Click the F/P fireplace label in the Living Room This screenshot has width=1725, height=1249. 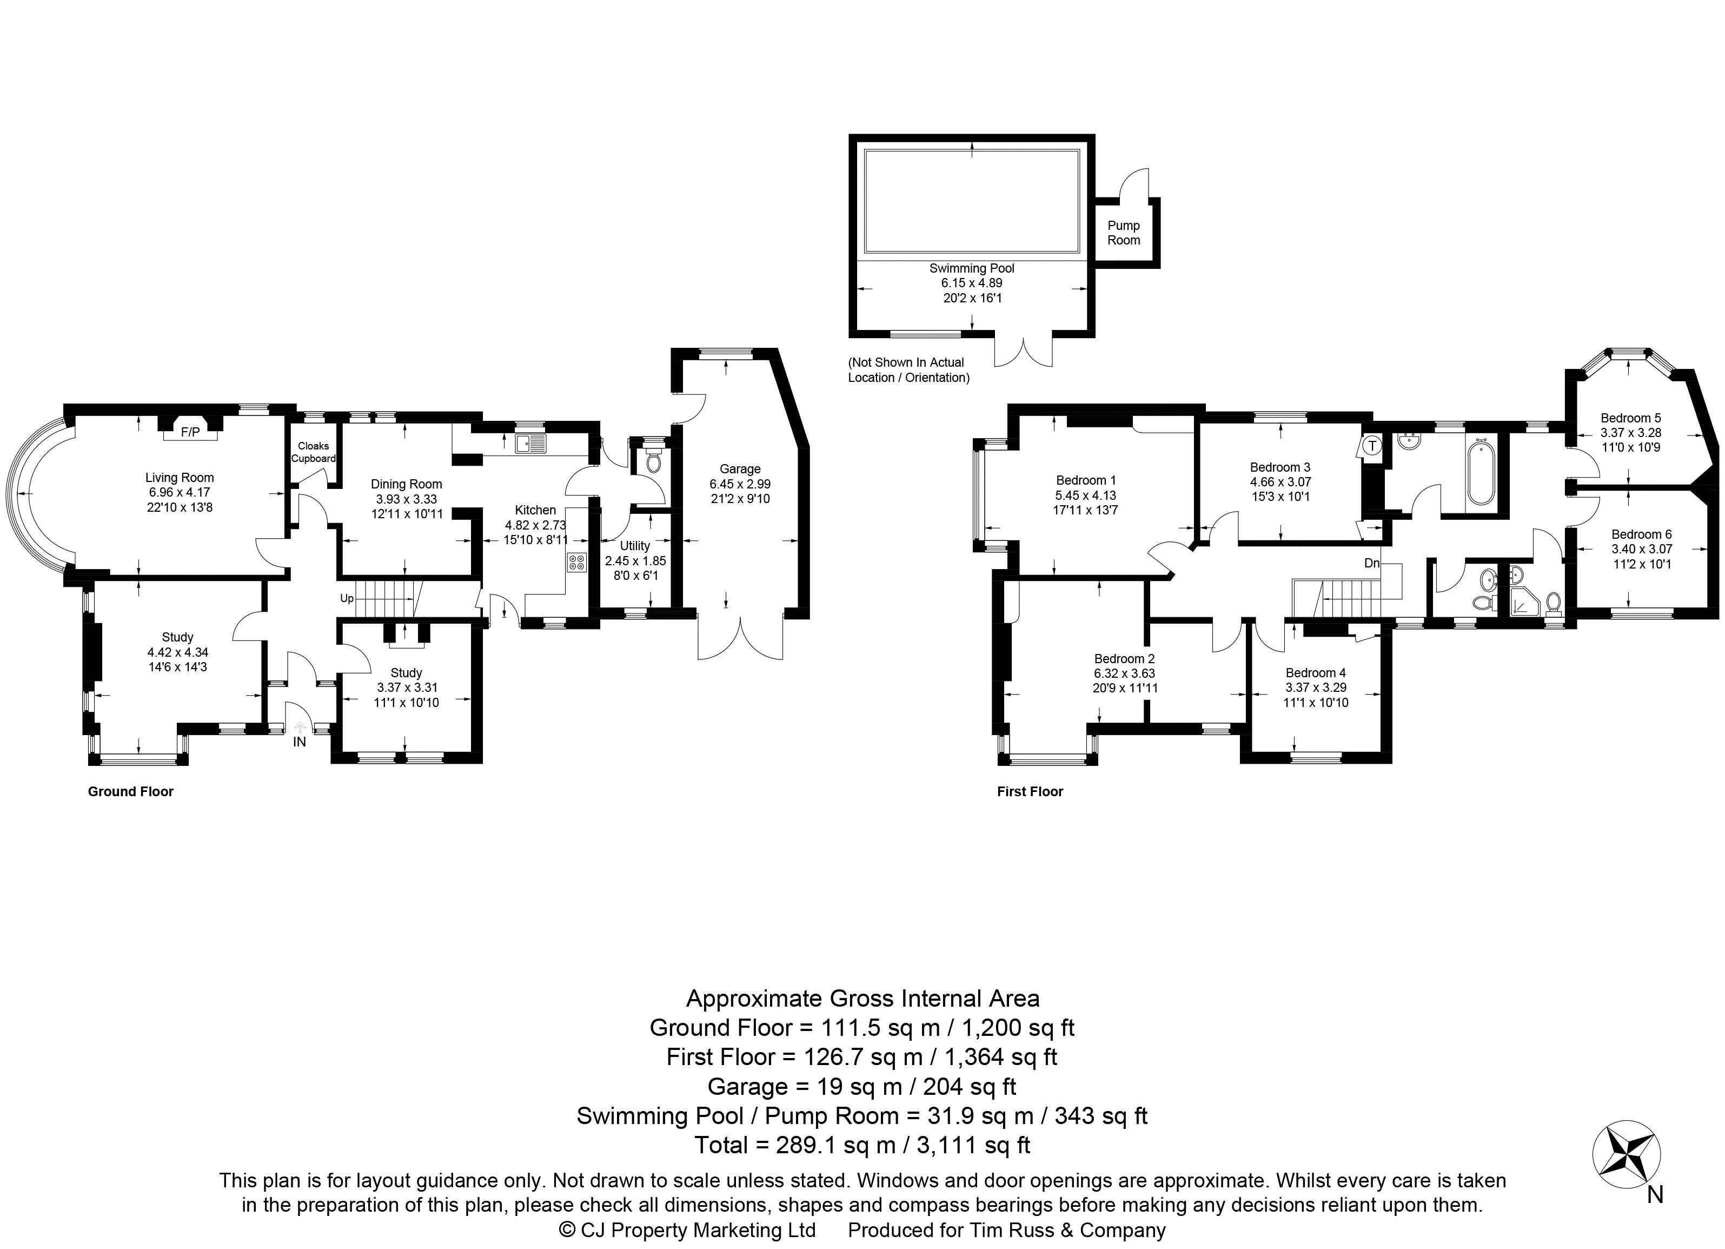(x=190, y=433)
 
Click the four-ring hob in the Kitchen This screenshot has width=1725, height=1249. (x=576, y=563)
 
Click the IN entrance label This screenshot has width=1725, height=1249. (x=300, y=742)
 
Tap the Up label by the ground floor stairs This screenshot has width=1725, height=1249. (x=347, y=599)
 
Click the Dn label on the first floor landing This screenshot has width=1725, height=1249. (x=1371, y=564)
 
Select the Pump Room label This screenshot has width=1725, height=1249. (x=1123, y=233)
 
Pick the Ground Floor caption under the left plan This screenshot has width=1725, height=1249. (x=131, y=792)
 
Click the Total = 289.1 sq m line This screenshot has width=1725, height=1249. (x=862, y=1146)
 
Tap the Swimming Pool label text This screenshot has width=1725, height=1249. (x=971, y=268)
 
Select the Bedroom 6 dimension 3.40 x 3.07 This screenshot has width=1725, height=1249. (x=1641, y=549)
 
